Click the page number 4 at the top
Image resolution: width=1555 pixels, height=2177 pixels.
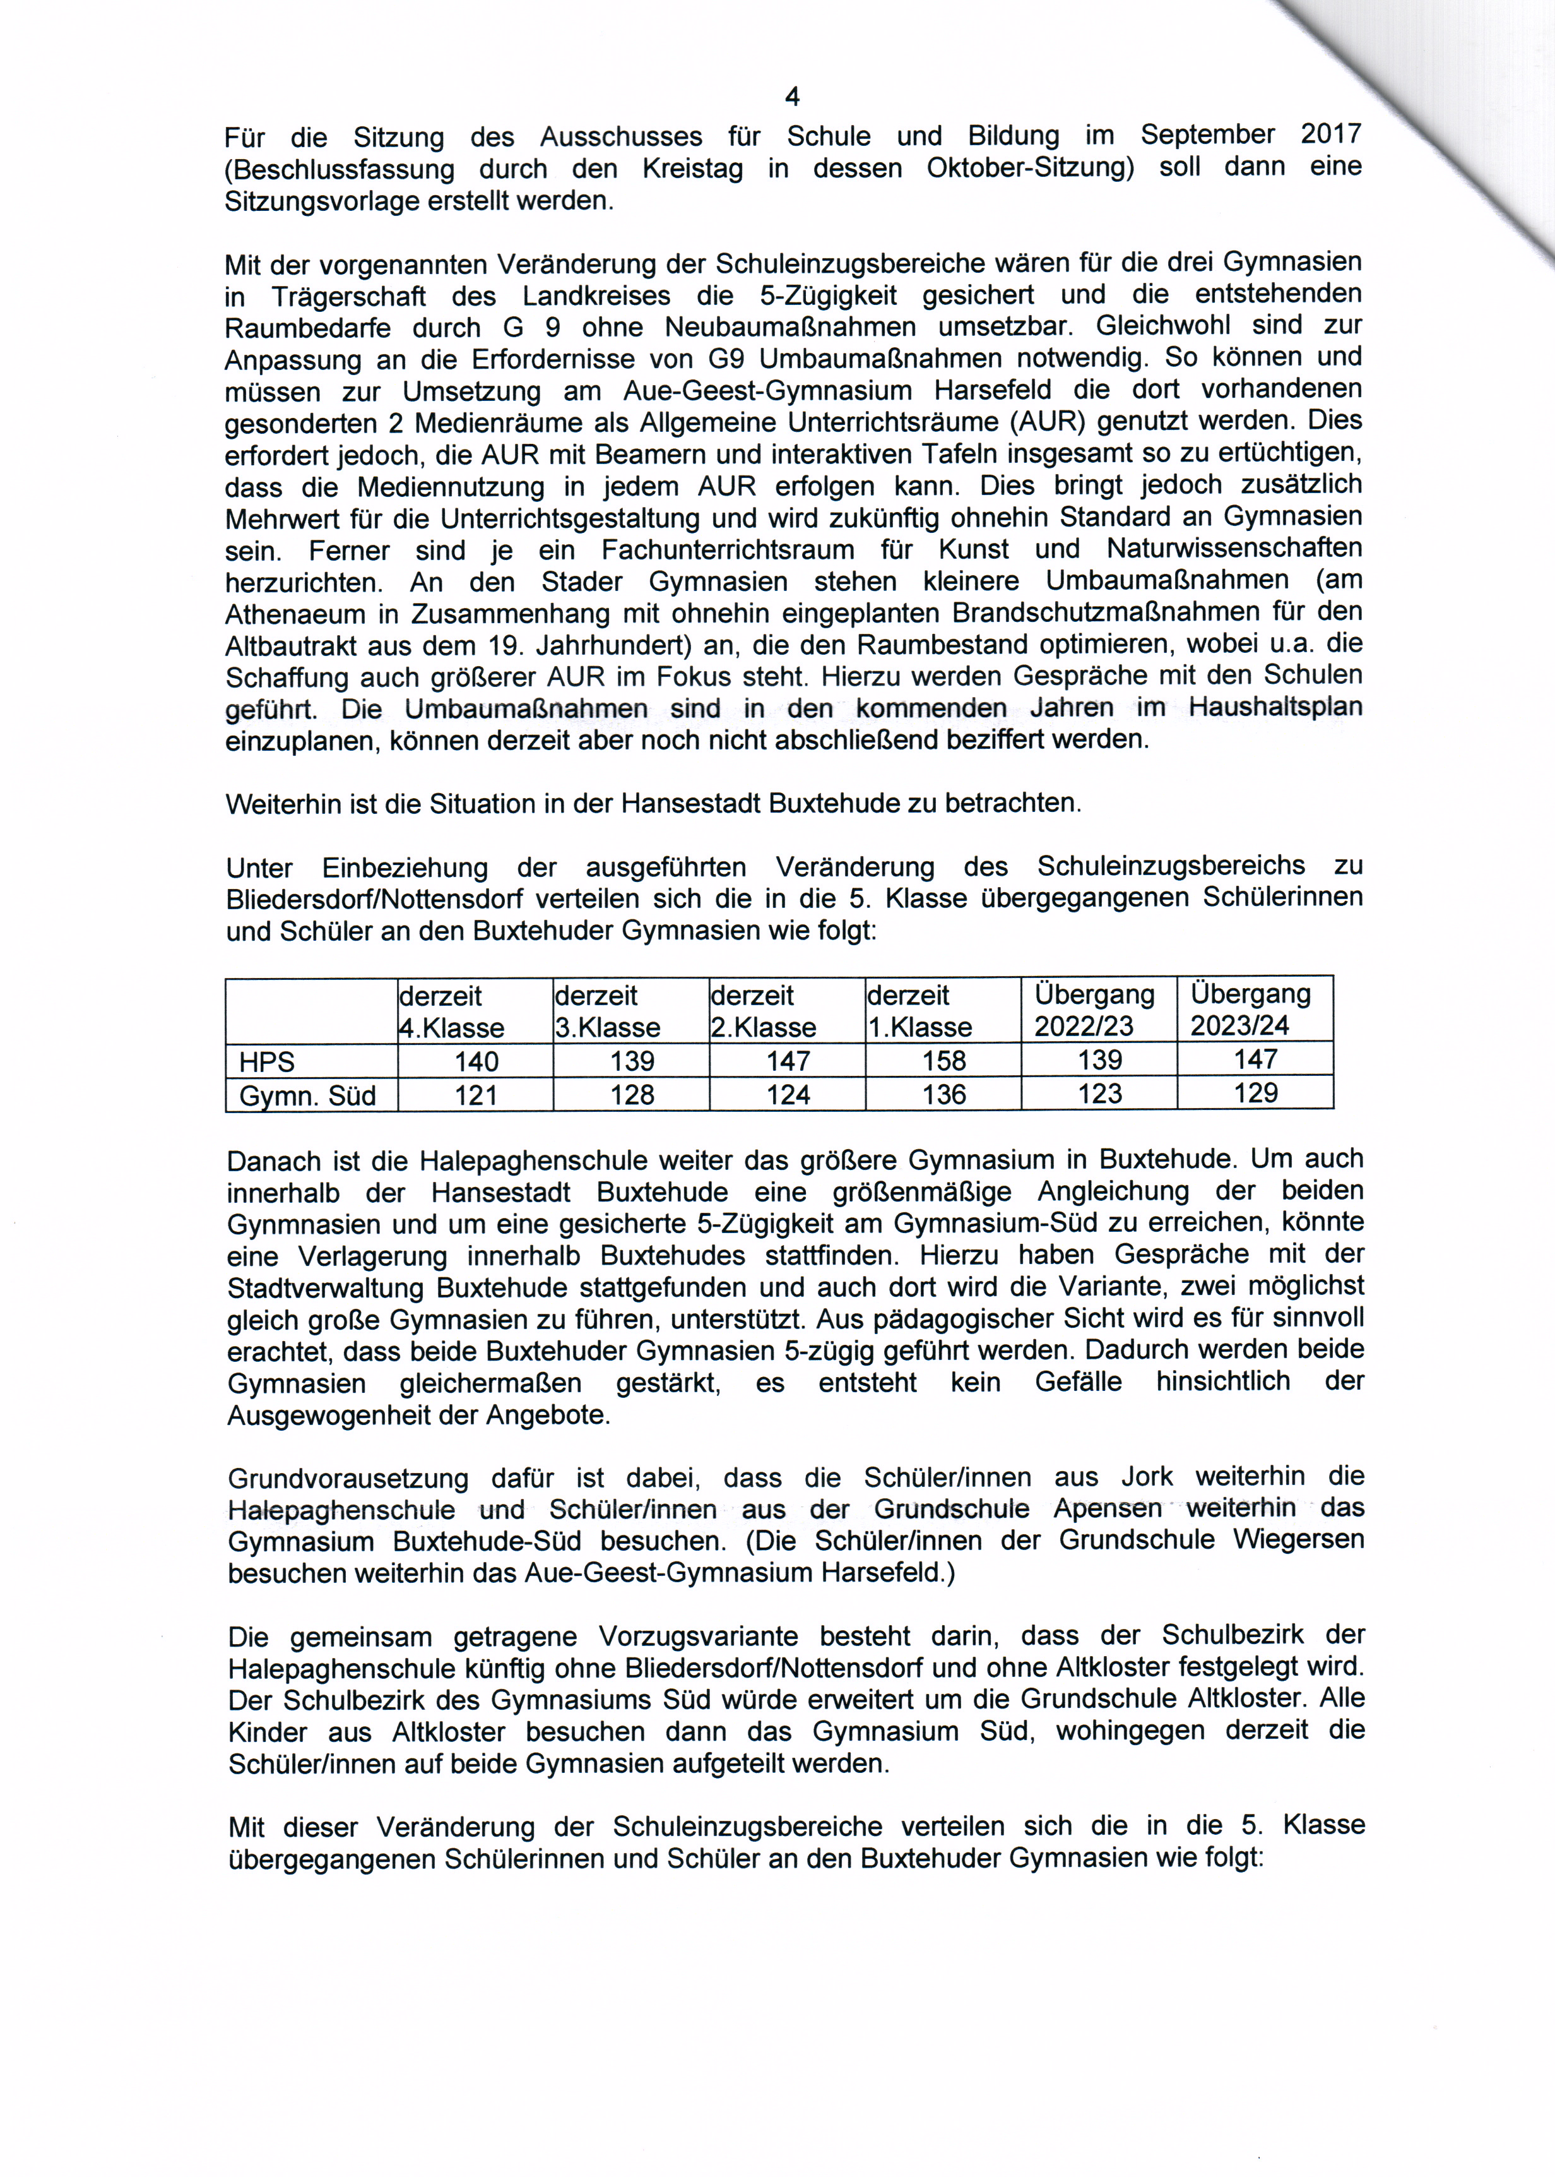click(792, 97)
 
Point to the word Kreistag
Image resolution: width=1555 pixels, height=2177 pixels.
click(692, 169)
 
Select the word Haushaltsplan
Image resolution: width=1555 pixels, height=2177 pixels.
click(1275, 708)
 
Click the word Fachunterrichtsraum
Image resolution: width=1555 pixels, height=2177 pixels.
click(728, 550)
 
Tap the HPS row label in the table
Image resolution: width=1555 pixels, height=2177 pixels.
click(267, 1061)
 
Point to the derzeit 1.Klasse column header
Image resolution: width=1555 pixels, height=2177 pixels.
click(919, 1011)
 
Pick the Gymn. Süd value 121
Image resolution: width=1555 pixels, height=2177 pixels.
click(476, 1095)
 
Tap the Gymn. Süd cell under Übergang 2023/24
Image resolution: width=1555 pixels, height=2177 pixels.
click(1255, 1093)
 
